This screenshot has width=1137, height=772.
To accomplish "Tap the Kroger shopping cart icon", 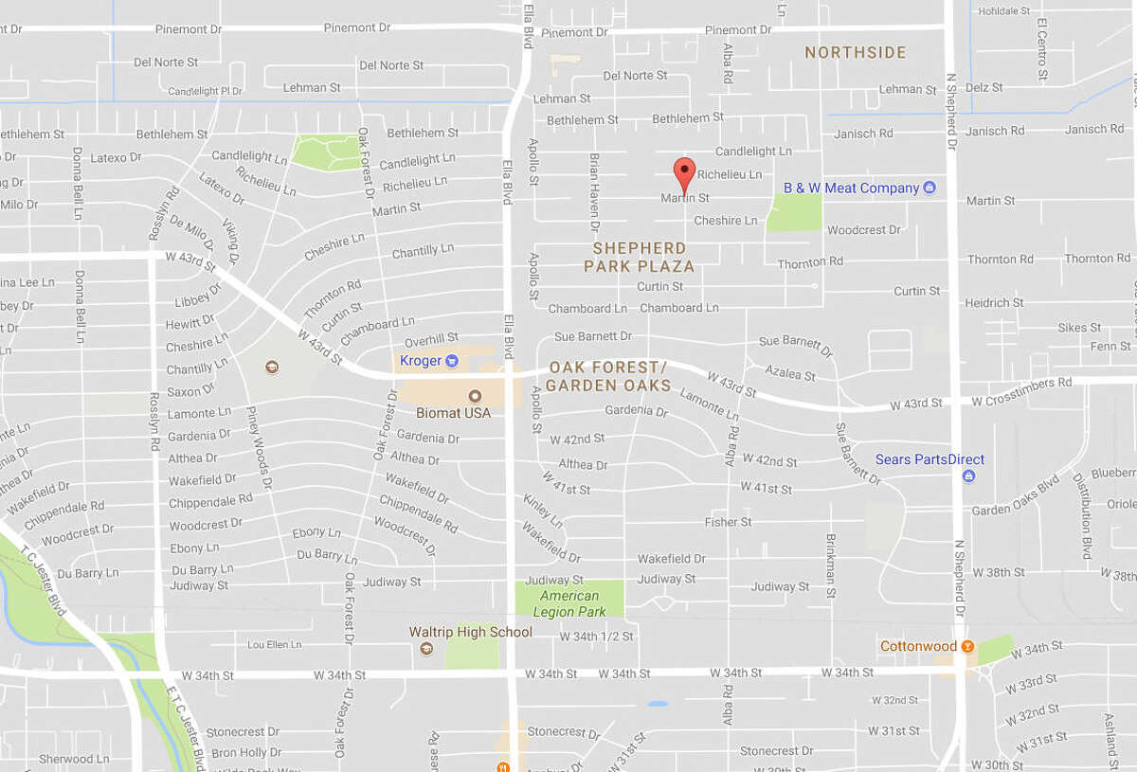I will (452, 360).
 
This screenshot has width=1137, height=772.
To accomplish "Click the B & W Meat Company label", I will (851, 188).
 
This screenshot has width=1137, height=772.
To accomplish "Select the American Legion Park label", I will (569, 603).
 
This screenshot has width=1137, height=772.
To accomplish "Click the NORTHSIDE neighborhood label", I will (856, 53).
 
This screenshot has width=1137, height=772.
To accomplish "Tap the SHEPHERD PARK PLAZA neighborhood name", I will (639, 257).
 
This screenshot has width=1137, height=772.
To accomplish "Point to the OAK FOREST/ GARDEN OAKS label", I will (607, 376).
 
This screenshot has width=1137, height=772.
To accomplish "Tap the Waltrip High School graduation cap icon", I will (426, 649).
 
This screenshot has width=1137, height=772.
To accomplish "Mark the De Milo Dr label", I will (193, 236).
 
